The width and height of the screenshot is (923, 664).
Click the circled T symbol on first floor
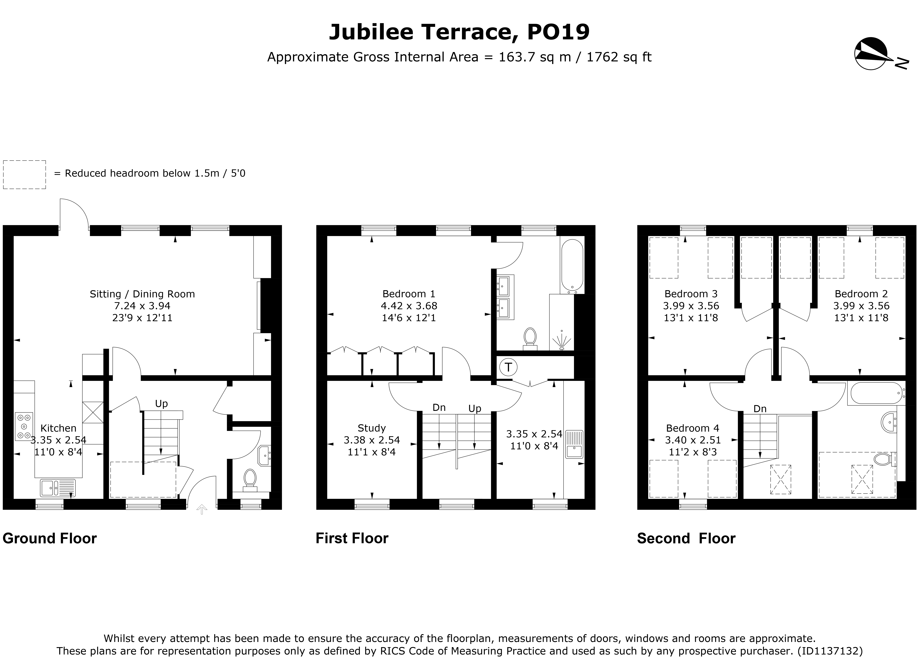pos(508,367)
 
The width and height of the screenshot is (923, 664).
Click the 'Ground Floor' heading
pos(50,539)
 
